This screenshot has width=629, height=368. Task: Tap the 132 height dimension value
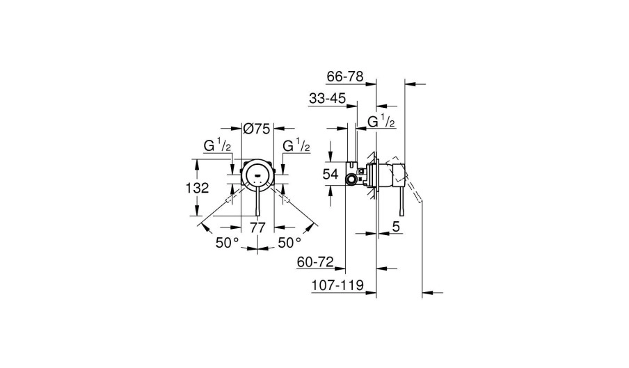[198, 188]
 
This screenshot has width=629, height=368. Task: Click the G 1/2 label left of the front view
[217, 147]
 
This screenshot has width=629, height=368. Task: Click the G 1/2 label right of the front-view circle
[296, 147]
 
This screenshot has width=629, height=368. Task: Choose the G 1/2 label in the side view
[381, 122]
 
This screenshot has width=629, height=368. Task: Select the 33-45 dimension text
[328, 99]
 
